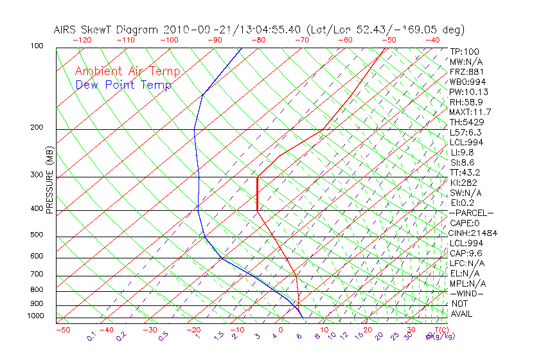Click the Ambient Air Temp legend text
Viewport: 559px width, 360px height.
pyautogui.click(x=127, y=71)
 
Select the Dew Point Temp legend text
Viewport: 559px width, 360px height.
pyautogui.click(x=123, y=85)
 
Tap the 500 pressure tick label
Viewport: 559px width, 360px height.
pyautogui.click(x=36, y=235)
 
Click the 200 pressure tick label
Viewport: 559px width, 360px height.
pyautogui.click(x=36, y=128)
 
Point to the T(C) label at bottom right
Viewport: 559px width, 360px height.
pyautogui.click(x=435, y=330)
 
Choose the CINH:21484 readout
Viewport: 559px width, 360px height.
pyautogui.click(x=474, y=233)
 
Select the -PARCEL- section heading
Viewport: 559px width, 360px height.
pyautogui.click(x=471, y=213)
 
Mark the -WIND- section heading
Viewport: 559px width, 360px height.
pyautogui.click(x=467, y=293)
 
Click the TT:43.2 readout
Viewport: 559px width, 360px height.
pyautogui.click(x=465, y=172)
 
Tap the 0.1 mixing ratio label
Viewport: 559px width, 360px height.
pyautogui.click(x=91, y=336)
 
